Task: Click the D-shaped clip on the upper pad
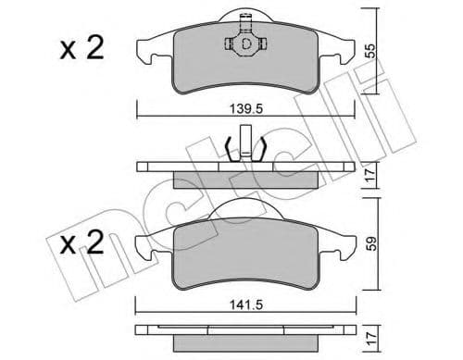pos(246,43)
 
